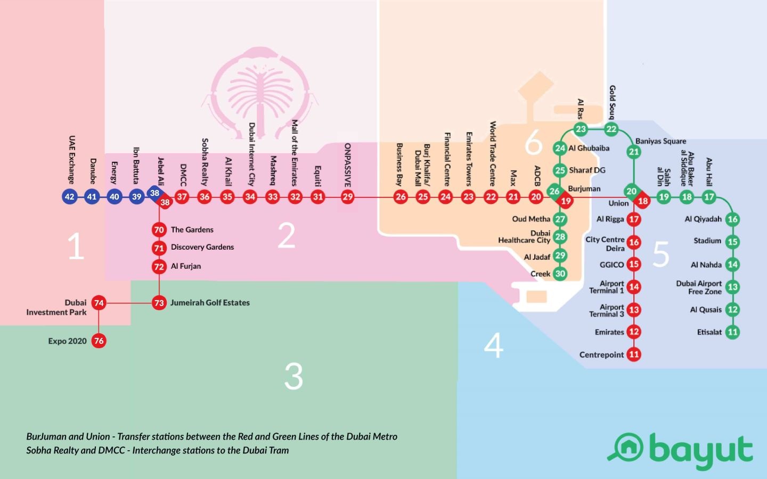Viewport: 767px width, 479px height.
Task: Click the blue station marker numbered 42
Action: [x=69, y=196]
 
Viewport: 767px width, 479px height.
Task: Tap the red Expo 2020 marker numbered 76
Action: [x=99, y=341]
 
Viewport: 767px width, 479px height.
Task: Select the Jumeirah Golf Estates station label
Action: [x=210, y=303]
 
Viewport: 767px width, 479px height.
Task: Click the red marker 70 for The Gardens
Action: [x=159, y=230]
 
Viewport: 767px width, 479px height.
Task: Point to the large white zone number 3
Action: [x=293, y=376]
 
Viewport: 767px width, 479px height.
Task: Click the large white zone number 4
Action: [x=494, y=345]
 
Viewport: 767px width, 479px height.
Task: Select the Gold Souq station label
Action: [x=613, y=102]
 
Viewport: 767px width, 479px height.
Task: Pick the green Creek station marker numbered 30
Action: [x=560, y=274]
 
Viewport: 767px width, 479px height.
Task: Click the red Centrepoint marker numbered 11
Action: [x=633, y=354]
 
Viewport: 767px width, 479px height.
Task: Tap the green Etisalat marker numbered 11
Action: [x=732, y=332]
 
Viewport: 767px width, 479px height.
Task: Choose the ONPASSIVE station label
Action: [x=348, y=164]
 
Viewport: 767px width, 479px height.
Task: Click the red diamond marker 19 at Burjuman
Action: [x=566, y=201]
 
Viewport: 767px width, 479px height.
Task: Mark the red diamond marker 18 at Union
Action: [x=643, y=201]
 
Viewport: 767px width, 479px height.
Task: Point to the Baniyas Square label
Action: [x=660, y=141]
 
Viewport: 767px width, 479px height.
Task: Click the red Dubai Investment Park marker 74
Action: [x=99, y=303]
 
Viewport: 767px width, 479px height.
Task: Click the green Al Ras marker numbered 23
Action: [x=581, y=129]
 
